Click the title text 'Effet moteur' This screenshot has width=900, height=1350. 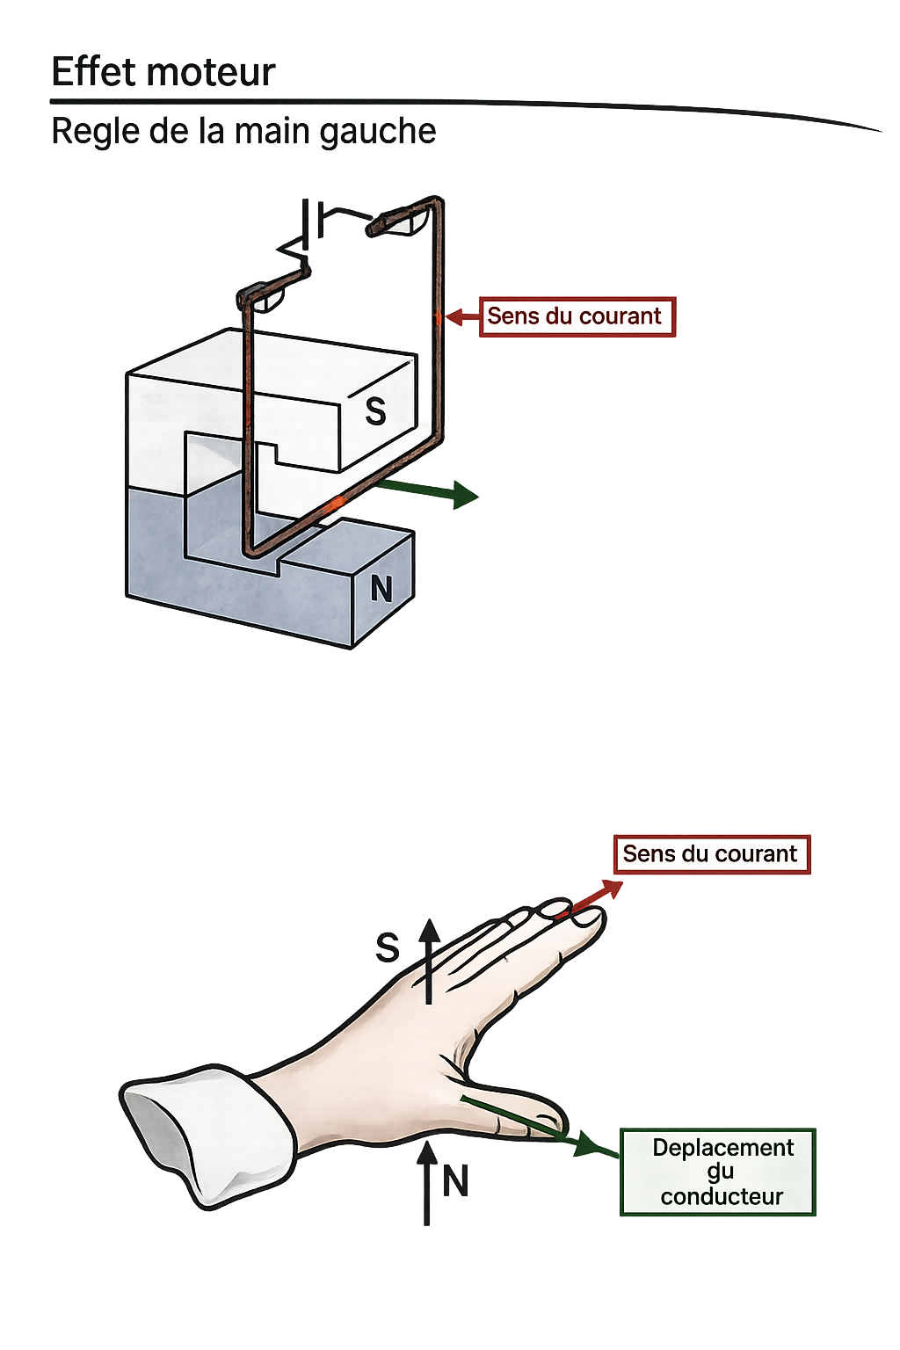[x=163, y=72]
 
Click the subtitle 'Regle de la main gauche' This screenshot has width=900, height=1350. [x=243, y=132]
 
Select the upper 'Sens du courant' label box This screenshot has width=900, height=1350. [x=577, y=316]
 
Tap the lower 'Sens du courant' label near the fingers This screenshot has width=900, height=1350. [x=711, y=854]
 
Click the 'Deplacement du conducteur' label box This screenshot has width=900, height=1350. [x=718, y=1172]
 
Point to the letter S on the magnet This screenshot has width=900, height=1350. [x=375, y=411]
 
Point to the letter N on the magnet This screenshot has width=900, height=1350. [x=381, y=589]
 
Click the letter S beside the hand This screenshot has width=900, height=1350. [x=388, y=948]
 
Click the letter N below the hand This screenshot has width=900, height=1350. [x=455, y=1181]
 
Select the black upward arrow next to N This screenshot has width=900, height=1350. [x=427, y=1182]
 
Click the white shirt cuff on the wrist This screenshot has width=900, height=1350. [x=207, y=1134]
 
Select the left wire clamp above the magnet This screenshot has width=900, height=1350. [x=260, y=296]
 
